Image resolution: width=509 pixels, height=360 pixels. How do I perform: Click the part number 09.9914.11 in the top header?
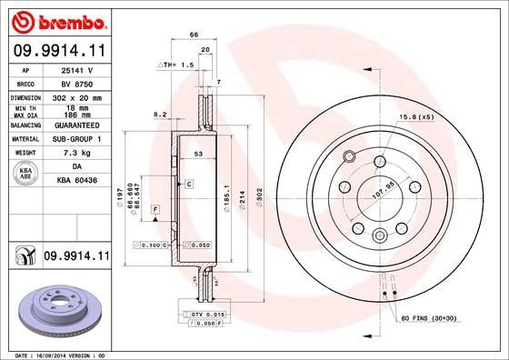tap(59, 51)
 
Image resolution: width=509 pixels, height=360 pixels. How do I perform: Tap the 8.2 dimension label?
tap(160, 114)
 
